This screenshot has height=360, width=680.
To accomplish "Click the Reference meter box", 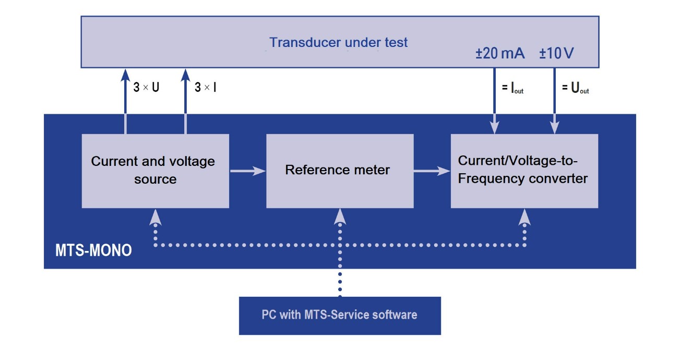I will pos(340,171).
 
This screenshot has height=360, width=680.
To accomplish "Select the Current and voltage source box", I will pos(155,171).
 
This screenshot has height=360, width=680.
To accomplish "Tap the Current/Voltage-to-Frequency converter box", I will pos(524,171).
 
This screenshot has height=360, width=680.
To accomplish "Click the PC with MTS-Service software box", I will pos(340,315).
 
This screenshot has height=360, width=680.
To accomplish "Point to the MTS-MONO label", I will pos(93,251).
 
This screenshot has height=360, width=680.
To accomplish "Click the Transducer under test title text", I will pos(339,42).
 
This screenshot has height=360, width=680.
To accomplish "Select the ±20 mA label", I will pos(500,54).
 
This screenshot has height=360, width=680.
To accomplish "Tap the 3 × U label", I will pos(146,88).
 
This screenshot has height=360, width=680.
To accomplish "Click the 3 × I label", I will pos(206,88).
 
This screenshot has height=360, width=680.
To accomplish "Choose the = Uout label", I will pos(575,89).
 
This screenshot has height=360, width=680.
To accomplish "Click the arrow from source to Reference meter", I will pos(247,171).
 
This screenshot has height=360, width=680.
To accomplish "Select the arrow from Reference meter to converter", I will pos(432,171).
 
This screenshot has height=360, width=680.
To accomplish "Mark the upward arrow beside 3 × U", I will pos(125,94).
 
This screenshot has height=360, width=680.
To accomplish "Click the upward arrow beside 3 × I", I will pos(185,94).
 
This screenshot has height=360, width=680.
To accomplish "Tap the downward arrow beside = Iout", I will pos(494,104).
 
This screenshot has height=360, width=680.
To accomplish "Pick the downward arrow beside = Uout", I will pos(554,104).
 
